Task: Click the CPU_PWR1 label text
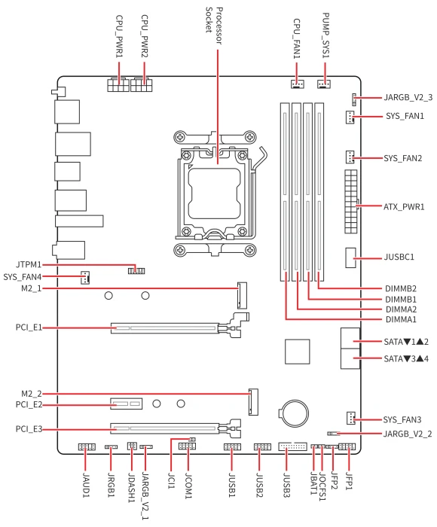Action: [120, 36]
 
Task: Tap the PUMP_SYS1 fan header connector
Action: [324, 84]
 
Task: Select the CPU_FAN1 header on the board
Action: [298, 84]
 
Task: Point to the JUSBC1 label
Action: [399, 257]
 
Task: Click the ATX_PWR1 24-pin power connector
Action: [351, 202]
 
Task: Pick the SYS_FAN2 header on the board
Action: [350, 157]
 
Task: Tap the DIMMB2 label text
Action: [401, 288]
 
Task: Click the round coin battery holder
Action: [293, 413]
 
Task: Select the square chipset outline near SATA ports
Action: [298, 352]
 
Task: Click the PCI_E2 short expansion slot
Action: [126, 404]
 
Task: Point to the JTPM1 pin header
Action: [136, 270]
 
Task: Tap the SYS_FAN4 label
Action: [22, 277]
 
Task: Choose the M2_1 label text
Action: [32, 288]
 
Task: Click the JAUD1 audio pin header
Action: [87, 446]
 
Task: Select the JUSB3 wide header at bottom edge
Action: [292, 446]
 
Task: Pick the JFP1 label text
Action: [350, 481]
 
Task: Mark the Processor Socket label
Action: [214, 26]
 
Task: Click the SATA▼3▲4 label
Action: [406, 358]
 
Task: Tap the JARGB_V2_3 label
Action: [408, 97]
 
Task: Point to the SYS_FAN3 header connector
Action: [350, 418]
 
